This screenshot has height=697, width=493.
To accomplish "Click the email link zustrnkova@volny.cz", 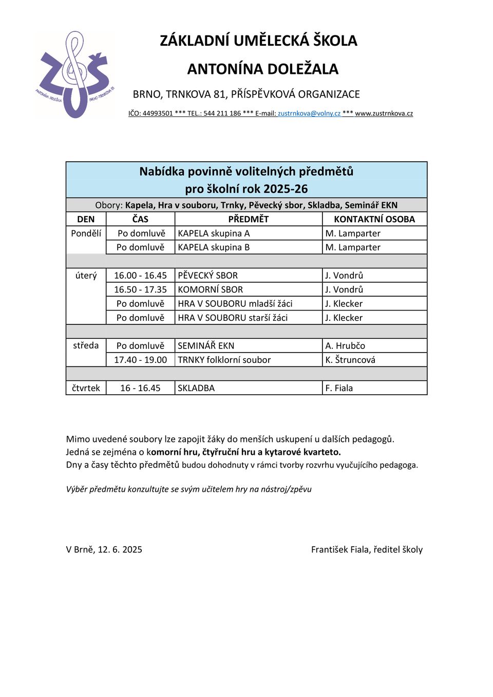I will (x=309, y=113).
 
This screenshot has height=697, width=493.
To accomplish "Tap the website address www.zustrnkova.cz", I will (x=384, y=113).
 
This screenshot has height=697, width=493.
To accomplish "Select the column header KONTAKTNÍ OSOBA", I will (x=374, y=219).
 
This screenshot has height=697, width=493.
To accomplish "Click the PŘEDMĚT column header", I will (x=249, y=219).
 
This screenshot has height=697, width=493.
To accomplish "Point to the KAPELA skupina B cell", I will (x=214, y=247).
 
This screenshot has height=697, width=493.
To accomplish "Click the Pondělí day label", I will (x=86, y=234).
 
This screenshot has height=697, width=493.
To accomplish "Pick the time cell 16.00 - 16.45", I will (x=140, y=276).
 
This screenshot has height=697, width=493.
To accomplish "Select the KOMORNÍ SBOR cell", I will (x=211, y=289).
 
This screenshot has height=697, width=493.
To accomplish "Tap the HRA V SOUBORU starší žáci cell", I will (x=233, y=318).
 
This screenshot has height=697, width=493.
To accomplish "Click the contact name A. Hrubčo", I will (x=345, y=346).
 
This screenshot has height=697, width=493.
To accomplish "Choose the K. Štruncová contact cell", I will (x=350, y=360).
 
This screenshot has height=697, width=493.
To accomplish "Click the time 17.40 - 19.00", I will (x=140, y=360).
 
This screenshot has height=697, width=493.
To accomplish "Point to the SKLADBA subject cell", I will (x=196, y=388).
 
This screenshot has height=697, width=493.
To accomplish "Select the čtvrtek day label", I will (x=86, y=388).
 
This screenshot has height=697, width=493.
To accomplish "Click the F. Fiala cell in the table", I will (x=339, y=388).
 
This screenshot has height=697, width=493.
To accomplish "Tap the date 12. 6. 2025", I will (x=120, y=550).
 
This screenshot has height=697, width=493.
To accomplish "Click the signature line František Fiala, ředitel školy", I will (x=367, y=550).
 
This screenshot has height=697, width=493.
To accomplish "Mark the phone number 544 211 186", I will (x=222, y=113).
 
